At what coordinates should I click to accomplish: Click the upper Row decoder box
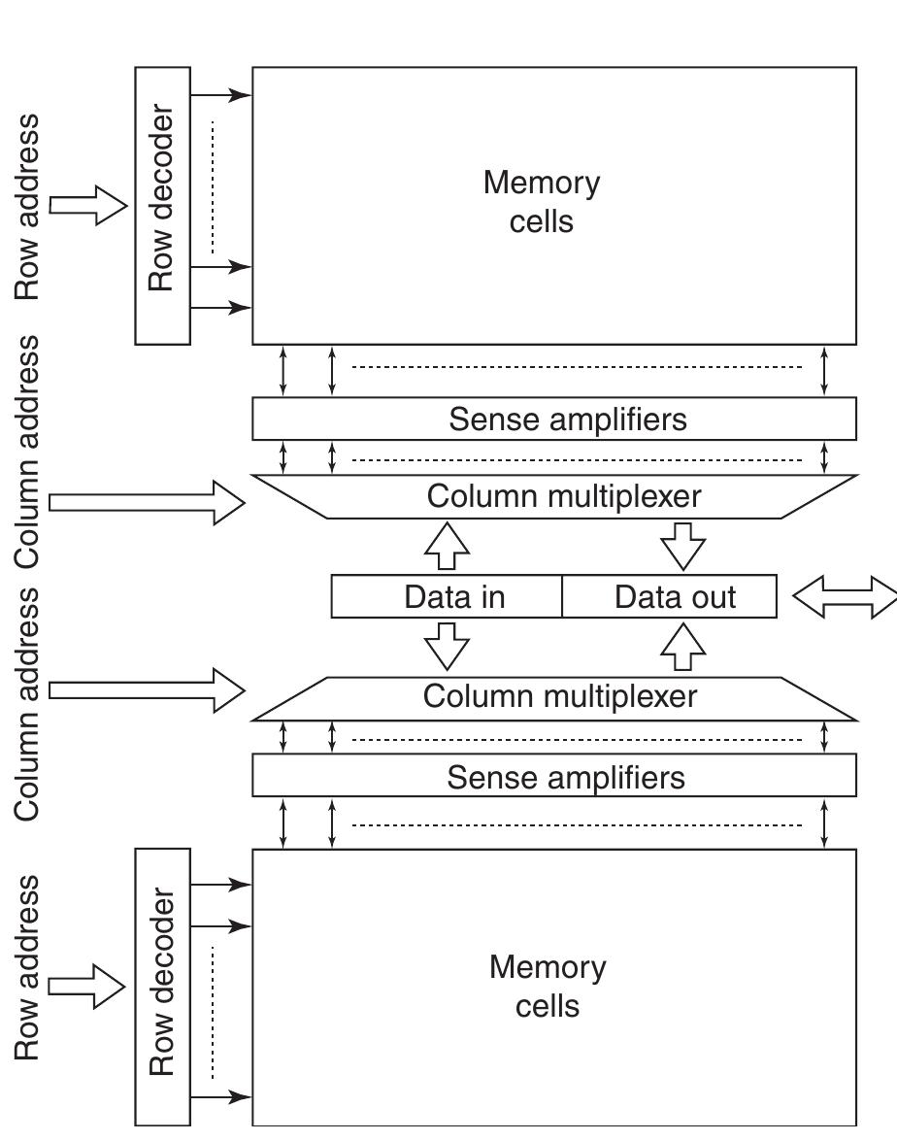click(162, 205)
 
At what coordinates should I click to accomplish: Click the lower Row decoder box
click(162, 986)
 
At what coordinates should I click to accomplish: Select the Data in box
click(447, 596)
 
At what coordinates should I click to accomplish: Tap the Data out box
click(670, 596)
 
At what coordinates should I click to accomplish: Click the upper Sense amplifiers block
click(554, 419)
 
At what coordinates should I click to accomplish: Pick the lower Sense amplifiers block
click(554, 776)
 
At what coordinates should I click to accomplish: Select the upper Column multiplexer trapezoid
click(554, 496)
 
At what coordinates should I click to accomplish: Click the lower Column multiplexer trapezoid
click(554, 698)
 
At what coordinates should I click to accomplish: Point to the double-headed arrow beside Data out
click(844, 596)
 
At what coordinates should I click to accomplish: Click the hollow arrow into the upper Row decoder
click(88, 205)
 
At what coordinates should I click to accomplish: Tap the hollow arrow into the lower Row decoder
click(86, 987)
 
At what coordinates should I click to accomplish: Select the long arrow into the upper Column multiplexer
click(146, 502)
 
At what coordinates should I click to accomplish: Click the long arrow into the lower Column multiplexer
click(146, 689)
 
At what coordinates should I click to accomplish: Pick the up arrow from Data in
click(448, 546)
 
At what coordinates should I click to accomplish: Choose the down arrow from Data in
click(448, 645)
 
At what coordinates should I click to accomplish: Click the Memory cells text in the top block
click(542, 202)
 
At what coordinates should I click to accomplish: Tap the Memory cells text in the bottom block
click(548, 986)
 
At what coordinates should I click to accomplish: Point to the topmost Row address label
click(28, 206)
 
